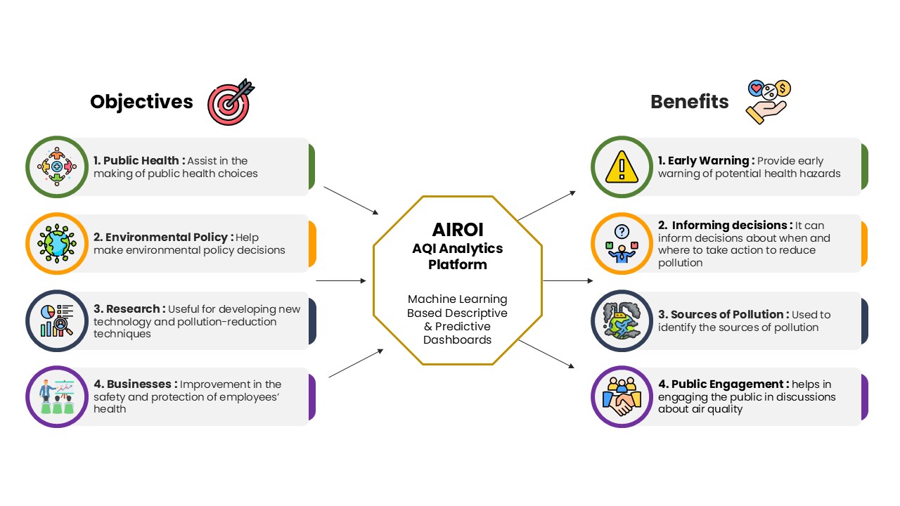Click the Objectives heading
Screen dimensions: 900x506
pos(141,102)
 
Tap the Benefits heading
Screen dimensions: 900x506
pos(690,102)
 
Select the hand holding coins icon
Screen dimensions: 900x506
pos(769,102)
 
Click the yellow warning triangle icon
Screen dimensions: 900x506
pos(622,167)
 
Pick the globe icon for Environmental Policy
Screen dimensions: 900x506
pos(57,243)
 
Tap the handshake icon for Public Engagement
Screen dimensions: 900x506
pos(622,397)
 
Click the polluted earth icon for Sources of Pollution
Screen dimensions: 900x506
pos(622,320)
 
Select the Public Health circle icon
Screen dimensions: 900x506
pos(57,167)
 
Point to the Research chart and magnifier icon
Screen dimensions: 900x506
pos(57,320)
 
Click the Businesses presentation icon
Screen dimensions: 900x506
pos(57,397)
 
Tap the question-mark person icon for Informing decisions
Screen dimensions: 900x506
pos(622,243)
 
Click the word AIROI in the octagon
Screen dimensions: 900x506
pos(458,230)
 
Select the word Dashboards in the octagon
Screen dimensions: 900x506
pos(457,339)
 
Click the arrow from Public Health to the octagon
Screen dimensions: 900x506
pos(351,200)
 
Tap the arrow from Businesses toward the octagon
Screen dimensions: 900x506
pos(356,363)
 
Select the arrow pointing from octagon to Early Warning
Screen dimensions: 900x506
pos(547,206)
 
